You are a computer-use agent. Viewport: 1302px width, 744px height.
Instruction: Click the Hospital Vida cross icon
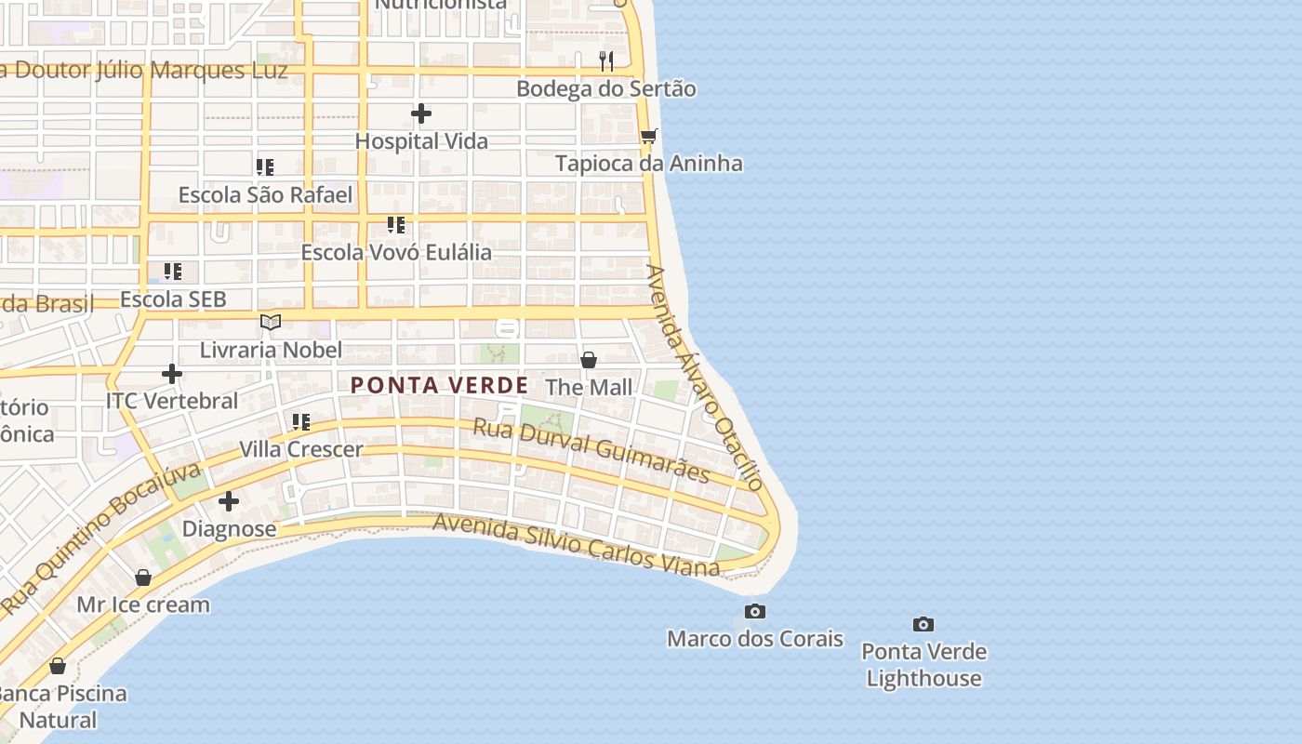click(x=421, y=113)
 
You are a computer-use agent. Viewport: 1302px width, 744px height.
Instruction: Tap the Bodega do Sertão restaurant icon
click(x=606, y=61)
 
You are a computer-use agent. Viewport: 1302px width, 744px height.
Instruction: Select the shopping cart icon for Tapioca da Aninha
click(x=648, y=137)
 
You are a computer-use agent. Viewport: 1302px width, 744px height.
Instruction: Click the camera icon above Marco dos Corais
click(x=755, y=611)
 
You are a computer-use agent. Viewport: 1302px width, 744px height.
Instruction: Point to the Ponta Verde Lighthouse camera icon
click(x=923, y=624)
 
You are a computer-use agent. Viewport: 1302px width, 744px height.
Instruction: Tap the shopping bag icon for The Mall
click(x=588, y=360)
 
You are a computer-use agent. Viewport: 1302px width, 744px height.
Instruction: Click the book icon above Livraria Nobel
click(x=271, y=322)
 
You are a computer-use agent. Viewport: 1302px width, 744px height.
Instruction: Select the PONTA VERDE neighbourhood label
click(x=439, y=385)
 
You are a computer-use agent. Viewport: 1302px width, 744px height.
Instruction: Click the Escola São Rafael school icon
click(x=265, y=167)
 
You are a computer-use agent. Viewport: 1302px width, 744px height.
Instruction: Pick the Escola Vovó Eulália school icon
click(x=396, y=225)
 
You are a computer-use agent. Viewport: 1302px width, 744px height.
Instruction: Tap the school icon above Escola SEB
click(x=173, y=272)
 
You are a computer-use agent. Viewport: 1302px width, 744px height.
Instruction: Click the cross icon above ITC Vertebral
click(x=172, y=374)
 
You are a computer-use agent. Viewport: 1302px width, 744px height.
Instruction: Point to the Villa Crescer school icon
click(x=301, y=422)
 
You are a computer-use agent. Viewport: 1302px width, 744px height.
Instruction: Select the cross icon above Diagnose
click(x=229, y=502)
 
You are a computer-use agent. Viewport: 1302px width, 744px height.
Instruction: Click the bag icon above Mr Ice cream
click(x=143, y=578)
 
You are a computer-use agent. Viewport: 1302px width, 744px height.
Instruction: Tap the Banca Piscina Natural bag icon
click(x=58, y=666)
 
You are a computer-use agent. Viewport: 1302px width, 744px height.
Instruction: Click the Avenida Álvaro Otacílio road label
click(x=704, y=377)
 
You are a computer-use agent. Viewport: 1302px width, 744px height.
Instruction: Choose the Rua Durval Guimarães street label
click(x=591, y=451)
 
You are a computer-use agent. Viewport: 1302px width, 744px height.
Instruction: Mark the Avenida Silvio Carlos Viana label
click(x=577, y=544)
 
